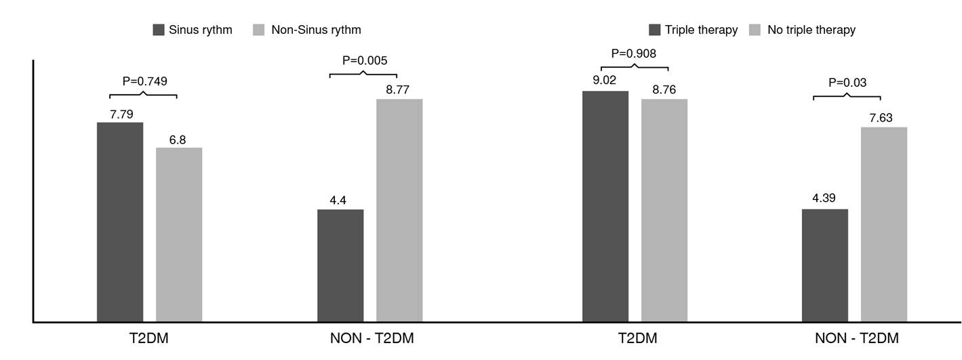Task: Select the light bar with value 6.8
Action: click(x=179, y=234)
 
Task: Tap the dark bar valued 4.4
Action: click(x=340, y=265)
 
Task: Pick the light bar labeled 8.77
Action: click(x=399, y=210)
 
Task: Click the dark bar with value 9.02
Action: click(x=605, y=206)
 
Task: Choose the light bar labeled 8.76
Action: click(x=664, y=210)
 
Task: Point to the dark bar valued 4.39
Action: click(x=824, y=265)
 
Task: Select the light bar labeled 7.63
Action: click(x=884, y=224)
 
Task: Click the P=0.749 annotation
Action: click(x=144, y=81)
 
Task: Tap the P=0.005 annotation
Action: click(x=365, y=60)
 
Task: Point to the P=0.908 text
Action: click(x=634, y=53)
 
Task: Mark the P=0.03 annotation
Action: click(x=847, y=83)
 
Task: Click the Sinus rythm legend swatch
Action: click(x=159, y=30)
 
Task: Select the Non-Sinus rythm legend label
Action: click(x=316, y=30)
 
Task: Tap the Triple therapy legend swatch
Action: click(x=654, y=30)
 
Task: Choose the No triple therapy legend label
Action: click(x=811, y=30)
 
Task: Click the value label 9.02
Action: click(x=604, y=80)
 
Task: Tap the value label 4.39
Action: click(x=824, y=198)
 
